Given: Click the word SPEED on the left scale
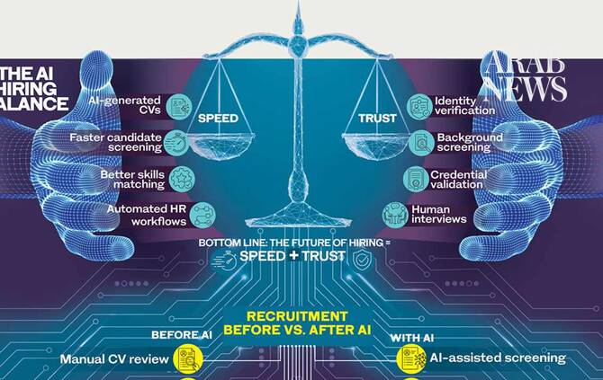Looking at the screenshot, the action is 218,119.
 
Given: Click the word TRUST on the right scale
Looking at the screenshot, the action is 377,119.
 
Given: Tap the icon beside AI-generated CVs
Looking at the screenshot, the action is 180,106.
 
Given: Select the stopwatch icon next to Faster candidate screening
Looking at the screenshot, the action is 176,143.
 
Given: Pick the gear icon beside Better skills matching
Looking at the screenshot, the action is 182,179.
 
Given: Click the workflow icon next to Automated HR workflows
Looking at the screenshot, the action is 202,215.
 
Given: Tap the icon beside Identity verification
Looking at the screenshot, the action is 419,106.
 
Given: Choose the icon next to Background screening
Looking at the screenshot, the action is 421,143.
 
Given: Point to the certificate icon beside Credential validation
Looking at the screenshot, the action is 416,179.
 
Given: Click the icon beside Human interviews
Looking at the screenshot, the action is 395,215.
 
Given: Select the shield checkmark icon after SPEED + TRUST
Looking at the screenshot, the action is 362,259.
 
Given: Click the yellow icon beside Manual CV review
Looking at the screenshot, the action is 188,359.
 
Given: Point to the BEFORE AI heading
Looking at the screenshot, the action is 182,335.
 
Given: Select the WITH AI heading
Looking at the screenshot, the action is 412,338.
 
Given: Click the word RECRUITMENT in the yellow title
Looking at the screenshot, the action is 297,316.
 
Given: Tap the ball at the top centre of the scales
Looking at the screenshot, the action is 298,42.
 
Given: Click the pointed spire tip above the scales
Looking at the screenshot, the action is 298,3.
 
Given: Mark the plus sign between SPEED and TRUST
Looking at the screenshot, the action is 293,255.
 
